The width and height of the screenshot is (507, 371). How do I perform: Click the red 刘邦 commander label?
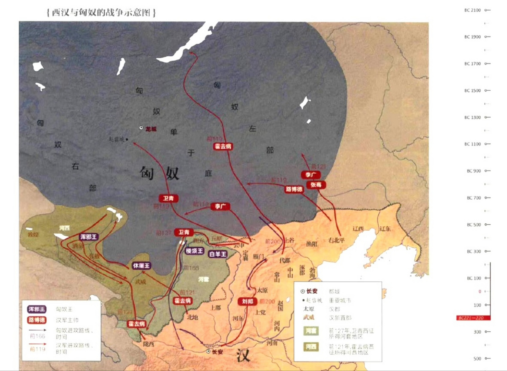248,301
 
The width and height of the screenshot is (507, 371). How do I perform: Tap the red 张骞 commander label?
316,185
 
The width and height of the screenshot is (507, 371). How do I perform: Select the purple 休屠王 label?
141,265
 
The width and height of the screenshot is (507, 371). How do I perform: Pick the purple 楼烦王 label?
194,251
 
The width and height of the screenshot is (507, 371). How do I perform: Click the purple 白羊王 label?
218,254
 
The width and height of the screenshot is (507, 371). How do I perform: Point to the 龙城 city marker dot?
141,128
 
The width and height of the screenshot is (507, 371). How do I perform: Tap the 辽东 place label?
385,229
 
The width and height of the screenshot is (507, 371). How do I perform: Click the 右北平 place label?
337,240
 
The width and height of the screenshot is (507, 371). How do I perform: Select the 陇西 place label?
149,344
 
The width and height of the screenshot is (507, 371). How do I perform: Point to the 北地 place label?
193,317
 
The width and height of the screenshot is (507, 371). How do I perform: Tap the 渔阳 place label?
312,244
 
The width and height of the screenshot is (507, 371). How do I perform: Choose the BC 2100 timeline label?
473,10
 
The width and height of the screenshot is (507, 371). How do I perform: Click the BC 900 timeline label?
474,171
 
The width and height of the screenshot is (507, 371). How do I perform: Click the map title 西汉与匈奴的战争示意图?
101,13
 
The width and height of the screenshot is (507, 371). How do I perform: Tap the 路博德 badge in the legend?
37,320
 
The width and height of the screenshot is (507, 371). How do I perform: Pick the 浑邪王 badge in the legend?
37,309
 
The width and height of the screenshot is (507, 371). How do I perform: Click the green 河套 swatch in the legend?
311,331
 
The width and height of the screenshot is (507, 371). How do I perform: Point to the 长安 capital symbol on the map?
208,352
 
